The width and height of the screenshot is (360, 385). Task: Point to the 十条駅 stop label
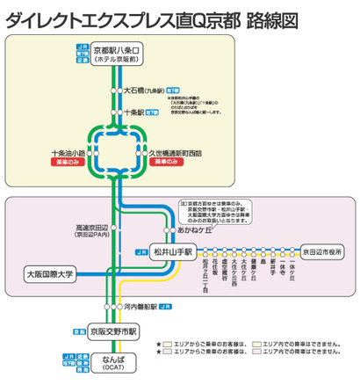point(134,113)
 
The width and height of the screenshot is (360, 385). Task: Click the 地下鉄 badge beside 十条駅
point(154,113)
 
